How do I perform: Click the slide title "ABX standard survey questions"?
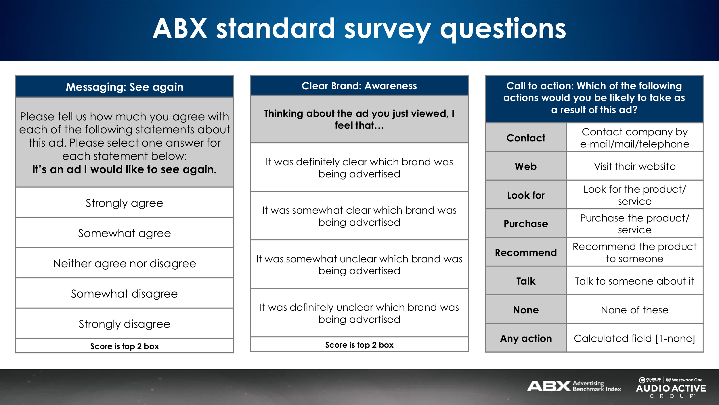(x=359, y=29)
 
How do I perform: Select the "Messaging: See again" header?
(x=125, y=87)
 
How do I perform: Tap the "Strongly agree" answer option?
(x=125, y=203)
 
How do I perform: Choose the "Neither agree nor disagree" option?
(x=125, y=263)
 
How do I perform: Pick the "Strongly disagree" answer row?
(x=125, y=324)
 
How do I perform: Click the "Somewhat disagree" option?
(x=125, y=294)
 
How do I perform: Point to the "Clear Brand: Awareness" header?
(x=359, y=86)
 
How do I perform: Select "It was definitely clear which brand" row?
(x=359, y=168)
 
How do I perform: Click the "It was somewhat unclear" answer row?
(x=359, y=264)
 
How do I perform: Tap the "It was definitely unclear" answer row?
(x=359, y=313)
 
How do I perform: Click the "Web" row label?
(x=526, y=166)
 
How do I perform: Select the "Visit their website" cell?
(x=635, y=166)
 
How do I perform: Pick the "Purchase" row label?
(x=526, y=224)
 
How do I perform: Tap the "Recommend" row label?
(x=526, y=252)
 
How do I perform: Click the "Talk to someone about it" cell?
(x=635, y=281)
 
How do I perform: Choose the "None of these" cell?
(x=635, y=310)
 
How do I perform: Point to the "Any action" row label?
(x=526, y=338)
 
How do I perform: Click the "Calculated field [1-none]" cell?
(x=635, y=338)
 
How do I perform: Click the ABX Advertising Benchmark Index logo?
(x=574, y=386)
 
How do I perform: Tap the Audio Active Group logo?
(x=671, y=387)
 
